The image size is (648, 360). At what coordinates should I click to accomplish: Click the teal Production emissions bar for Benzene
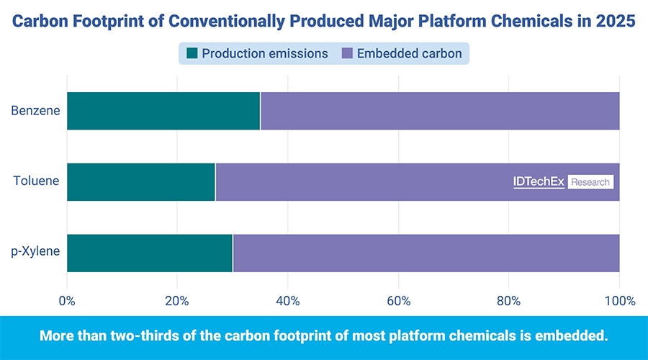tap(163, 111)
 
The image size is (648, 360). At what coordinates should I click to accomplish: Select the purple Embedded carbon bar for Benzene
tap(439, 111)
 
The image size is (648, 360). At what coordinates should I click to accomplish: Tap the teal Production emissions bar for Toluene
tap(141, 182)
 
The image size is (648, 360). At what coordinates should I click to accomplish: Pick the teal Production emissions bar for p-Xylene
tap(150, 253)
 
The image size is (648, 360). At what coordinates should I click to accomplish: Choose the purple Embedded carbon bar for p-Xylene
tap(426, 253)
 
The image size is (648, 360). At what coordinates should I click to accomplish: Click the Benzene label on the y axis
tap(35, 111)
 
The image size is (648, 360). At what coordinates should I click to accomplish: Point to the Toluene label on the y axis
tap(35, 182)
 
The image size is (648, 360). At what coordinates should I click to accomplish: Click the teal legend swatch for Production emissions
tap(192, 53)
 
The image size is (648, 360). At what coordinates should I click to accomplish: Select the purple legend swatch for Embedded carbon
tap(347, 53)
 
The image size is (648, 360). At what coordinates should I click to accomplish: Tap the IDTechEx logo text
tap(539, 182)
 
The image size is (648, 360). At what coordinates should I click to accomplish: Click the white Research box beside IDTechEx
tap(590, 182)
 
